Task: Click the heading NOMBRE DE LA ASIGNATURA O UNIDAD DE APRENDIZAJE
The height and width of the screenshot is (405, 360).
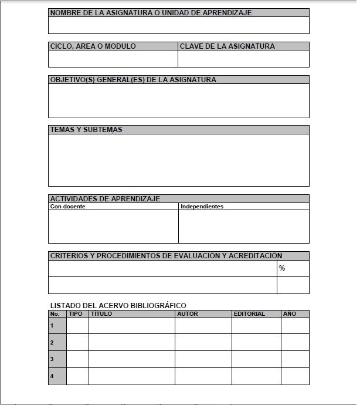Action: point(151,13)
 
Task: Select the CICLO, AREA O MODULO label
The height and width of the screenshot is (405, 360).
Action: point(93,46)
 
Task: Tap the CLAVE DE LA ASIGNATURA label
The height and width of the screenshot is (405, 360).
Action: point(227,46)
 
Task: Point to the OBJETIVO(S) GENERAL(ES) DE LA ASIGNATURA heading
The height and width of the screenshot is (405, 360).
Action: point(133,80)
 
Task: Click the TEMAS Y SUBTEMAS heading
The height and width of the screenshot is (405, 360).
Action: point(86,130)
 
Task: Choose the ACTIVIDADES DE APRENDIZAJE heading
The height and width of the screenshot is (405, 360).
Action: point(105,199)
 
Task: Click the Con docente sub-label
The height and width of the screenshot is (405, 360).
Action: point(68,207)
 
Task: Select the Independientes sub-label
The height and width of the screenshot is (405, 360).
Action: point(202,207)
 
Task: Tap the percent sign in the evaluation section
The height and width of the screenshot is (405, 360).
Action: point(282,268)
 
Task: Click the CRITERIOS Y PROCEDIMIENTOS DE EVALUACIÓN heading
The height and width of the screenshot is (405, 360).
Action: point(166,256)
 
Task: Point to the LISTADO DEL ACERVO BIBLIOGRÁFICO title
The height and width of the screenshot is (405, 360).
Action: point(118,305)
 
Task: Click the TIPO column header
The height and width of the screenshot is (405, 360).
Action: point(76,314)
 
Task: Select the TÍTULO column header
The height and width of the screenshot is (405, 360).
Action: point(101,314)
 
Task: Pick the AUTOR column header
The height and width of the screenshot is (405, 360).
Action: point(187,314)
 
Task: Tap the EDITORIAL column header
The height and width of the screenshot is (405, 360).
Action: point(249,314)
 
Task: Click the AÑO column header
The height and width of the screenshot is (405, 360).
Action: point(290,314)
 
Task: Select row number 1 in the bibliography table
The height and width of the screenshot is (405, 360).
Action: point(52,325)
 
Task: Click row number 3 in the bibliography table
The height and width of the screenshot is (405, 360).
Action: point(52,359)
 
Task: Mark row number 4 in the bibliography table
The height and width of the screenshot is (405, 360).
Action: point(52,376)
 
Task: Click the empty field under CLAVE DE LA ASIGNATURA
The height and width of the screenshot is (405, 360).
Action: point(243,59)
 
